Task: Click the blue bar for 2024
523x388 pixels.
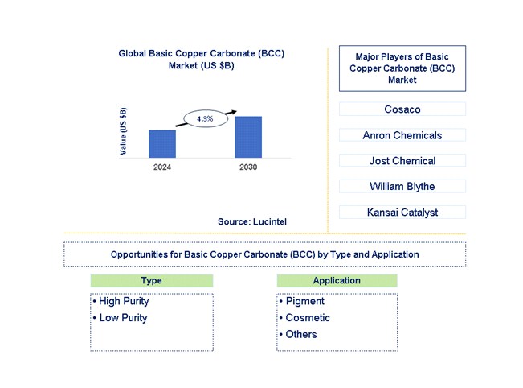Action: [162, 143]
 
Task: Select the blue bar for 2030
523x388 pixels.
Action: [248, 137]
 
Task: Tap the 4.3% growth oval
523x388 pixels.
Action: [204, 118]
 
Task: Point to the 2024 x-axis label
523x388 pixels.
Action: [162, 167]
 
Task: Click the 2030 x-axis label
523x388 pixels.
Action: [248, 167]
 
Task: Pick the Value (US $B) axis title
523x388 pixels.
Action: [123, 131]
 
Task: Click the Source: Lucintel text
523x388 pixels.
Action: [251, 221]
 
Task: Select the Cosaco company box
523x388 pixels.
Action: [402, 109]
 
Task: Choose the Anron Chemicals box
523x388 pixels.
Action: [402, 135]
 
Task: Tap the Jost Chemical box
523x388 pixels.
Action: [402, 161]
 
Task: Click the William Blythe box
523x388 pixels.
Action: [402, 187]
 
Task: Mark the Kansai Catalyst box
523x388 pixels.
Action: [402, 213]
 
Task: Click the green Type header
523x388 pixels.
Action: [151, 281]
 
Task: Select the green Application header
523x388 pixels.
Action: [337, 281]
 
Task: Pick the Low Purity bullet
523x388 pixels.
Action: [123, 318]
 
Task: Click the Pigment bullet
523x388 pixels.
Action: [304, 302]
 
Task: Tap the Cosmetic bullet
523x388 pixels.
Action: [307, 318]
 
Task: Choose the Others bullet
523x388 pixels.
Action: [300, 334]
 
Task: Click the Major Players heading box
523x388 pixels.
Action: [402, 68]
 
